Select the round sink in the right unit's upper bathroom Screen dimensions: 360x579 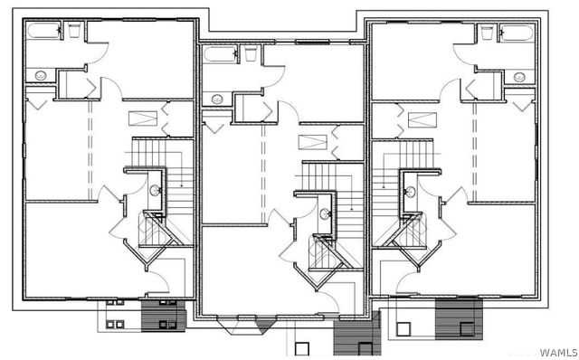pyautogui.click(x=520, y=77)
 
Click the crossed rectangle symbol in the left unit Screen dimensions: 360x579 pyautogui.click(x=142, y=118)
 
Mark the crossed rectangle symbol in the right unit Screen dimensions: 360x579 pyautogui.click(x=417, y=118)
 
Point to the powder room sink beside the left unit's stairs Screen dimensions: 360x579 pyautogui.click(x=155, y=191)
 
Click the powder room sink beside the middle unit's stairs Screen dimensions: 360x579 pyautogui.click(x=325, y=214)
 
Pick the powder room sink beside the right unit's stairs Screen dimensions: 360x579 pyautogui.click(x=412, y=192)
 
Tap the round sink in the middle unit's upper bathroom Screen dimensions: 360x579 pyautogui.click(x=216, y=97)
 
